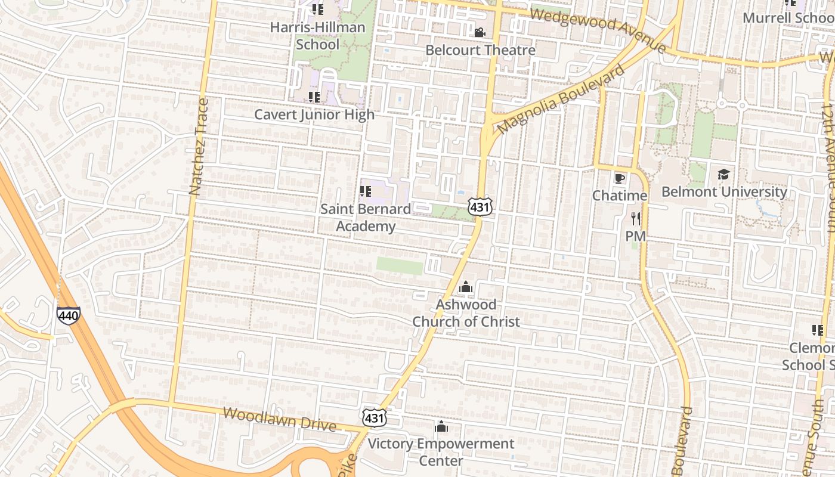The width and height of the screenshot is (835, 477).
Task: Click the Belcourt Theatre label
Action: [480, 50]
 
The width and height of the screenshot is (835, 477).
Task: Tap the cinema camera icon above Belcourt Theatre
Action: [480, 32]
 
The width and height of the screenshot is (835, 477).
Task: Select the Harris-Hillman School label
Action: [317, 36]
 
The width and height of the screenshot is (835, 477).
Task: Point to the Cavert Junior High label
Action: [314, 114]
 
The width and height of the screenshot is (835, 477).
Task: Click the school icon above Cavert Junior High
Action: [314, 97]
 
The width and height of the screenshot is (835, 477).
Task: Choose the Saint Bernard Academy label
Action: [366, 218]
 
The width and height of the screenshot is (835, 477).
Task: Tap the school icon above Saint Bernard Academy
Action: [366, 191]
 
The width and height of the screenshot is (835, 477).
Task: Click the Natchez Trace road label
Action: [199, 147]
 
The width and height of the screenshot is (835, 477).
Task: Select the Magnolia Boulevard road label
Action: [561, 98]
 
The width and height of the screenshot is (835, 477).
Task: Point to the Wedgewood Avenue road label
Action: [598, 29]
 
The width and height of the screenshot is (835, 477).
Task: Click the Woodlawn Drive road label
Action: [279, 419]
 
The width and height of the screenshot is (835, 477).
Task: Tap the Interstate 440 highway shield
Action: [69, 315]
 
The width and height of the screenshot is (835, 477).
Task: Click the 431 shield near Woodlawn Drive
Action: [375, 418]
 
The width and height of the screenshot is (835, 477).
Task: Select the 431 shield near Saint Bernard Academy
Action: [480, 207]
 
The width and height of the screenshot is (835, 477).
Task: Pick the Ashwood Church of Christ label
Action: [466, 313]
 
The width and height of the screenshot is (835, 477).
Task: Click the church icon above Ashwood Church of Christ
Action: [466, 287]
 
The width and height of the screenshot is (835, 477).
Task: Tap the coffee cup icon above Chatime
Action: [620, 178]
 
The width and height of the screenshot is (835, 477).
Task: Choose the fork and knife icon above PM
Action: [636, 218]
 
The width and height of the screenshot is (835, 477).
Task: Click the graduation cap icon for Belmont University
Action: [723, 174]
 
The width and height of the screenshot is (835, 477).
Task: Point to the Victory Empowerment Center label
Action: [441, 452]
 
